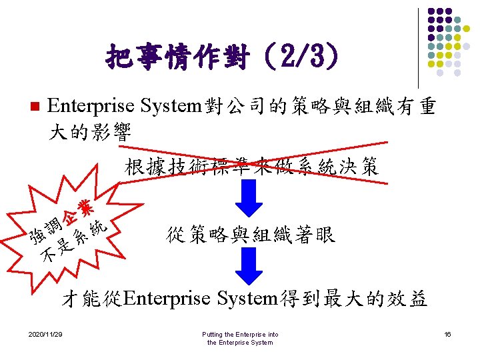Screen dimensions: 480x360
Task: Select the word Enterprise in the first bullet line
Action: pos(83,107)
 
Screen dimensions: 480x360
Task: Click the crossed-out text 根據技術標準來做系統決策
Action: pos(251,167)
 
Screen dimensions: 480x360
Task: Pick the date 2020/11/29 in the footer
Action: pos(45,334)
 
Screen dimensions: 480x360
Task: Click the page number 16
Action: pos(448,334)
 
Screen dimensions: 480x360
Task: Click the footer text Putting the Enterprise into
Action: pos(240,334)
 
